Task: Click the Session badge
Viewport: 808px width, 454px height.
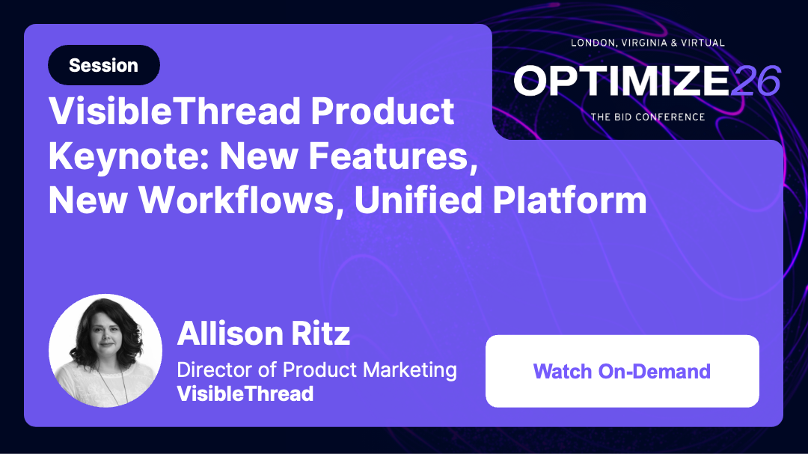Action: coord(103,65)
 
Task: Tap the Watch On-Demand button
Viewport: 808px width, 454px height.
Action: coord(622,371)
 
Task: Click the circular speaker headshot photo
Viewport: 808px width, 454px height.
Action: coord(105,350)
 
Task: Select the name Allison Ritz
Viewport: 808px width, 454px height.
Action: coord(263,333)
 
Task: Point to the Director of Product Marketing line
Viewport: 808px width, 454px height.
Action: coord(316,369)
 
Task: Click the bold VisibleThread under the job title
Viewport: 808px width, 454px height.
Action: coord(245,393)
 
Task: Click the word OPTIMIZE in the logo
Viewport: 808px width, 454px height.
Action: coord(621,81)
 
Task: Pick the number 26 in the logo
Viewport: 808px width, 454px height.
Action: coord(756,81)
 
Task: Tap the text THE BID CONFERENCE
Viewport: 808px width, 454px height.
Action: coord(648,117)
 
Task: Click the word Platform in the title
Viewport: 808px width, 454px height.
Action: coord(574,200)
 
